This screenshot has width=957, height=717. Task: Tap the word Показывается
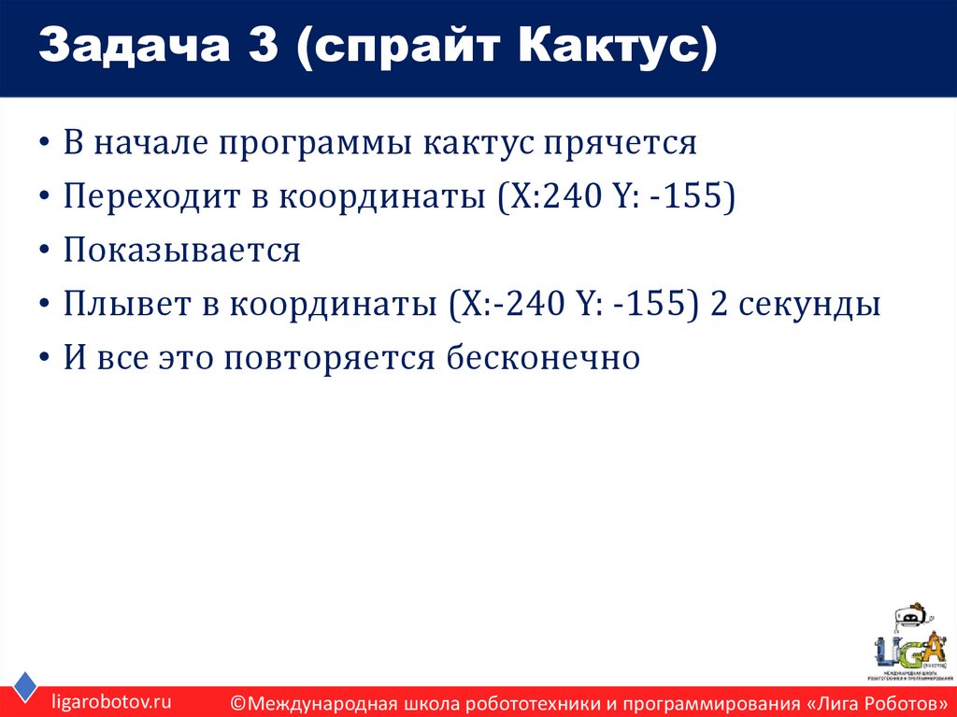pyautogui.click(x=182, y=251)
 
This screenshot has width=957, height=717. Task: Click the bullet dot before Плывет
pyautogui.click(x=46, y=307)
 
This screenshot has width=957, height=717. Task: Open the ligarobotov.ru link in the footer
pyautogui.click(x=111, y=700)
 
